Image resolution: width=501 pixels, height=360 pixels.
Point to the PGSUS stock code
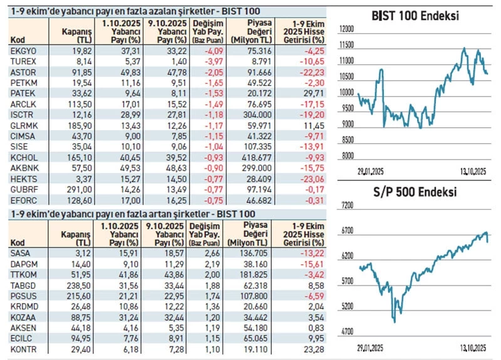23,292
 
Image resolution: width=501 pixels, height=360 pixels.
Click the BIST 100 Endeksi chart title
416,16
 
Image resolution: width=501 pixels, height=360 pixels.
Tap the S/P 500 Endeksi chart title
416,192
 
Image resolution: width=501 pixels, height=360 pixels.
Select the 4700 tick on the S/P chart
346,330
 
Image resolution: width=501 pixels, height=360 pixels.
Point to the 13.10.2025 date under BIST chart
470,171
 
